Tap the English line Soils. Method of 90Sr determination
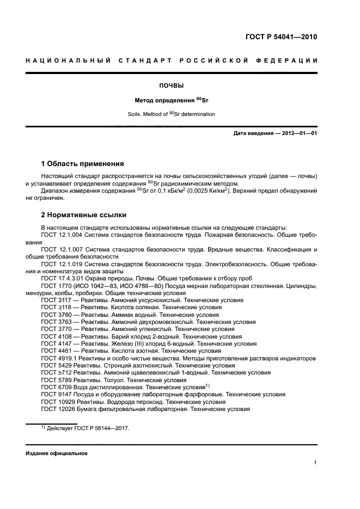point(171,114)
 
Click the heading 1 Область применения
point(83,164)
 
